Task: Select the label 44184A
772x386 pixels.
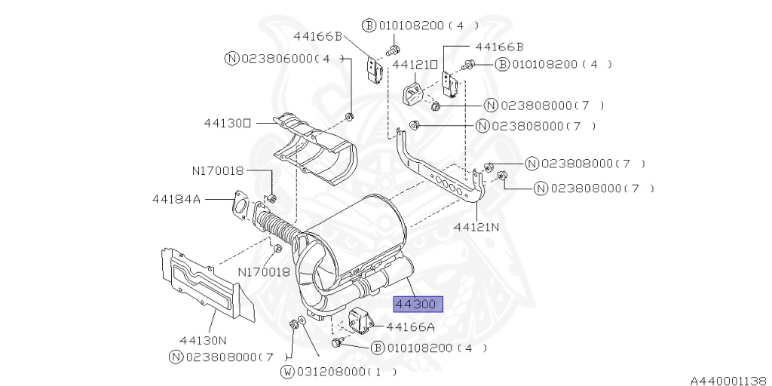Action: (x=176, y=199)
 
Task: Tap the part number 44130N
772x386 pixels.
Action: (x=203, y=340)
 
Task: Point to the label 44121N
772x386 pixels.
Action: (x=476, y=227)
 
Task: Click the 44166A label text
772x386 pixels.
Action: (x=411, y=326)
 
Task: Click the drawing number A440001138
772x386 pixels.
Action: (x=730, y=381)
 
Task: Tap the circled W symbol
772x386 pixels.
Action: (x=287, y=371)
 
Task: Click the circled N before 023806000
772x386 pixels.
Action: (x=232, y=59)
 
